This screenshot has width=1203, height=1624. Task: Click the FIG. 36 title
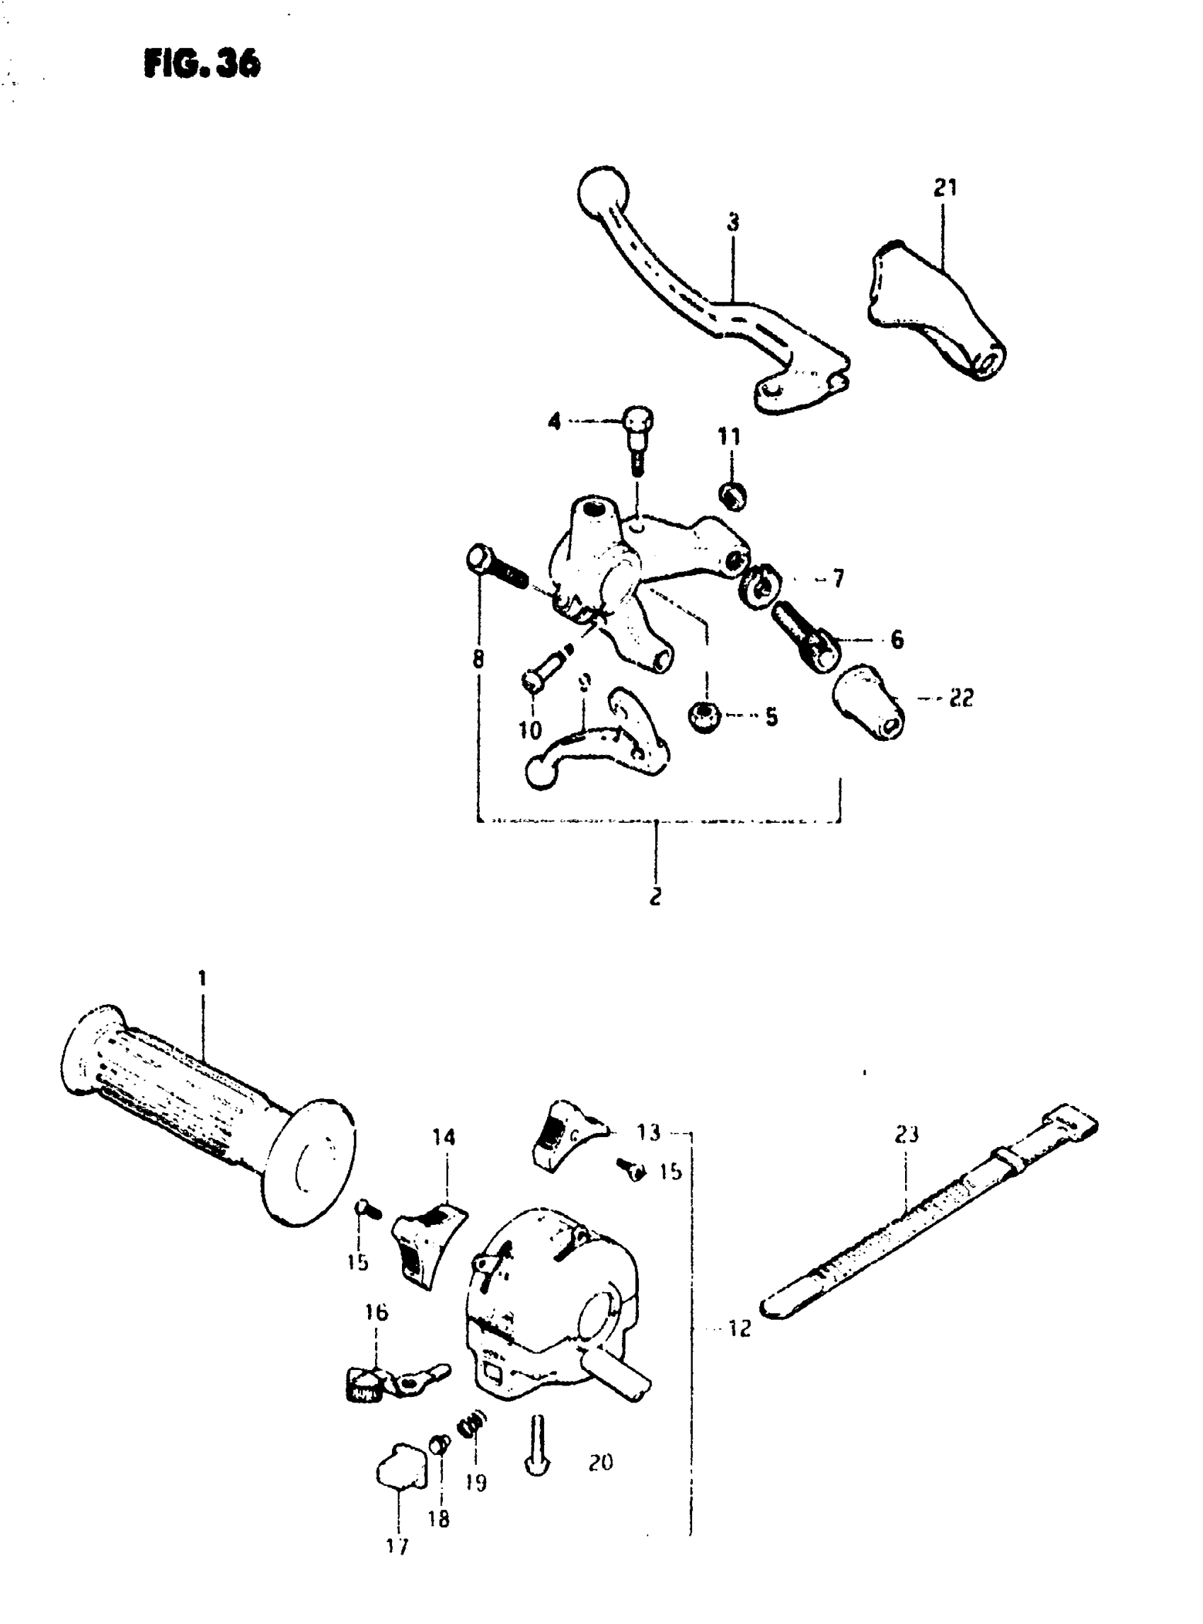pos(202,64)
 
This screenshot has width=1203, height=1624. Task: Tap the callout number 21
pos(945,188)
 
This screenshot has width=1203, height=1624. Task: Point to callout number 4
pos(555,421)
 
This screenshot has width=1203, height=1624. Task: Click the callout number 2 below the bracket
pos(655,897)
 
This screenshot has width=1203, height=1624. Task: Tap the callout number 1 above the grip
pos(202,978)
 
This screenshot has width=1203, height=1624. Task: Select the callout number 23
pos(906,1134)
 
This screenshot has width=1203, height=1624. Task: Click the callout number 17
pos(398,1545)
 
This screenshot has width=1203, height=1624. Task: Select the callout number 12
pos(738,1328)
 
